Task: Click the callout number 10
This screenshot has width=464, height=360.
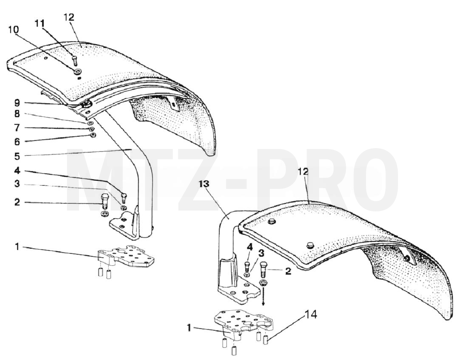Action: click(x=14, y=30)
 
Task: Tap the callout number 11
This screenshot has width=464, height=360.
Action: click(x=40, y=23)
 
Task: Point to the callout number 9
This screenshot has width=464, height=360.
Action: click(x=17, y=103)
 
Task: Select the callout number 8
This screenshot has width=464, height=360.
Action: click(x=17, y=114)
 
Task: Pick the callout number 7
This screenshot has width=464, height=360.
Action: click(x=17, y=128)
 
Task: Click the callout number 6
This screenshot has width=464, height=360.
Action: click(x=17, y=141)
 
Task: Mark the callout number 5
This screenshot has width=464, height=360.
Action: click(x=17, y=156)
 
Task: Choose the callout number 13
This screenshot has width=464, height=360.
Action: click(x=204, y=184)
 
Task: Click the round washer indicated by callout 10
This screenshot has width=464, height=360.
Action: click(x=79, y=71)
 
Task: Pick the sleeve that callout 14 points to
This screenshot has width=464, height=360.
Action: click(x=266, y=339)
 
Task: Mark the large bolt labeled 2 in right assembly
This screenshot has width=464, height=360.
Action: click(x=263, y=269)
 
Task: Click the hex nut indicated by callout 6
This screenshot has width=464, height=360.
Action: click(x=92, y=135)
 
